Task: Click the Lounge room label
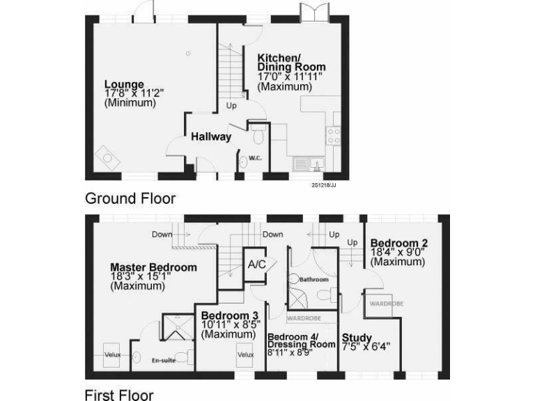click(x=124, y=84)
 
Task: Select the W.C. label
click(x=255, y=158)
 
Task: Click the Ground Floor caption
click(x=130, y=198)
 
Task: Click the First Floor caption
click(x=119, y=395)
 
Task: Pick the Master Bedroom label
click(x=154, y=267)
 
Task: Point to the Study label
click(x=357, y=338)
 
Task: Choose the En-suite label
click(x=162, y=361)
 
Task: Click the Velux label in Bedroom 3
click(x=245, y=354)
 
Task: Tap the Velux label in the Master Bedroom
click(x=113, y=355)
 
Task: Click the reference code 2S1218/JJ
click(x=325, y=184)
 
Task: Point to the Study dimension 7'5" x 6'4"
click(x=366, y=346)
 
